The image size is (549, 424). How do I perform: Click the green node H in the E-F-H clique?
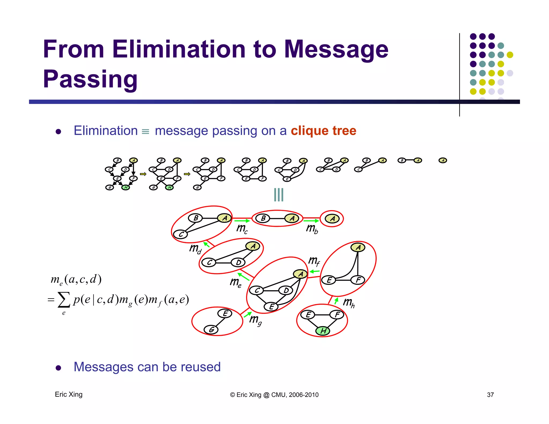[x=323, y=331]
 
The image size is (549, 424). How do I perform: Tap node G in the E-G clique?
[x=211, y=329]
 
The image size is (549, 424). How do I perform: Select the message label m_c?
[x=242, y=229]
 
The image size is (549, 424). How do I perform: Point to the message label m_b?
[x=312, y=229]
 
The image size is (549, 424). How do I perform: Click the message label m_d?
[x=195, y=249]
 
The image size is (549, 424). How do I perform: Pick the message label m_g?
[x=255, y=320]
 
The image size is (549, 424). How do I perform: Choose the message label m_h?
[x=349, y=303]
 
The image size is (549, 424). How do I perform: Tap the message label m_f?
[x=314, y=261]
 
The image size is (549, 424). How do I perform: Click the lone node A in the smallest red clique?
[x=332, y=219]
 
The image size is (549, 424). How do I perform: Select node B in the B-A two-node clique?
[x=263, y=218]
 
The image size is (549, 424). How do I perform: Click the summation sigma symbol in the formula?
[x=64, y=300]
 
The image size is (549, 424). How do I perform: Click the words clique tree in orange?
[x=323, y=131]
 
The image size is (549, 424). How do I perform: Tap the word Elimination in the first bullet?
[x=106, y=131]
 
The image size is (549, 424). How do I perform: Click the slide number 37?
[x=490, y=395]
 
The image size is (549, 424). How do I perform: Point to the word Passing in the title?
[x=90, y=79]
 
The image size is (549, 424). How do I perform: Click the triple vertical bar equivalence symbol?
[x=279, y=195]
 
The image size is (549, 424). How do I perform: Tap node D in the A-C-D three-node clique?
[x=238, y=262]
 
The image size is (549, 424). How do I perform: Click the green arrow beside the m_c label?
[x=242, y=221]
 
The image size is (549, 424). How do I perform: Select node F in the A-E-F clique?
[x=358, y=280]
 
